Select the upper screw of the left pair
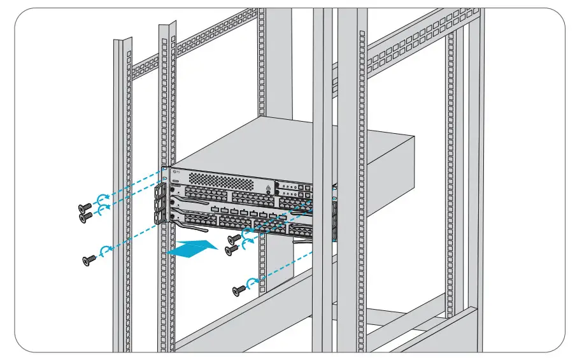(x=83, y=208)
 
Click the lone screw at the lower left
(x=90, y=259)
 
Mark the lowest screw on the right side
(x=239, y=291)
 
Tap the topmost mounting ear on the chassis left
(x=160, y=191)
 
